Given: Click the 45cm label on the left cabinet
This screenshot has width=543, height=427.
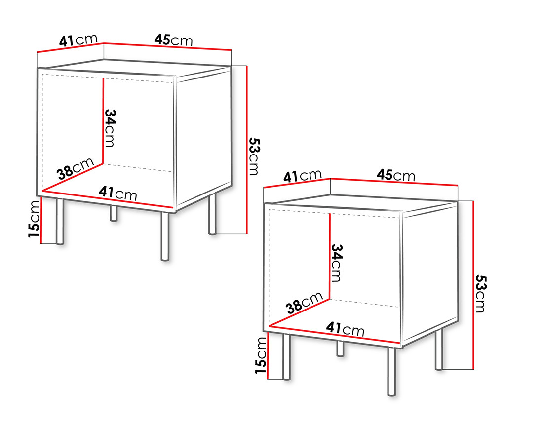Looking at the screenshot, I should point(173,39).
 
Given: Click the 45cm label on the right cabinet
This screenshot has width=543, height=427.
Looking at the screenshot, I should point(396,175).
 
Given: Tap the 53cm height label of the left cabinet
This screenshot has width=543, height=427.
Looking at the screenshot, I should point(253,156).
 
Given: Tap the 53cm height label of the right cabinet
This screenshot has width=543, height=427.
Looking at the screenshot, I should point(480,294).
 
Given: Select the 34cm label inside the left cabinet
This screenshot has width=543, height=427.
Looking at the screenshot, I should point(110,127).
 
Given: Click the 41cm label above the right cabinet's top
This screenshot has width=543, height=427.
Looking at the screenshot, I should point(303,176).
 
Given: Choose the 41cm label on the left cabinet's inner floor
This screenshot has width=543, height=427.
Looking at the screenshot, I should point(118,193).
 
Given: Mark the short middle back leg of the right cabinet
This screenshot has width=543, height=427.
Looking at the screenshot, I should point(340,348).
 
